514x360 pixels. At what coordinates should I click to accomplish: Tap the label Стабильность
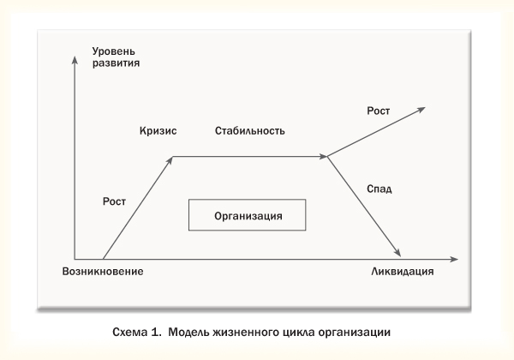[249, 130]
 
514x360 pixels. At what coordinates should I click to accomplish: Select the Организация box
[248, 215]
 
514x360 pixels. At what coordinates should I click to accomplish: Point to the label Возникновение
[102, 272]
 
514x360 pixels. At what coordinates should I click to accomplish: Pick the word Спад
[378, 189]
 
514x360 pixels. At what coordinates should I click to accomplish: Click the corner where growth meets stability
[173, 157]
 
